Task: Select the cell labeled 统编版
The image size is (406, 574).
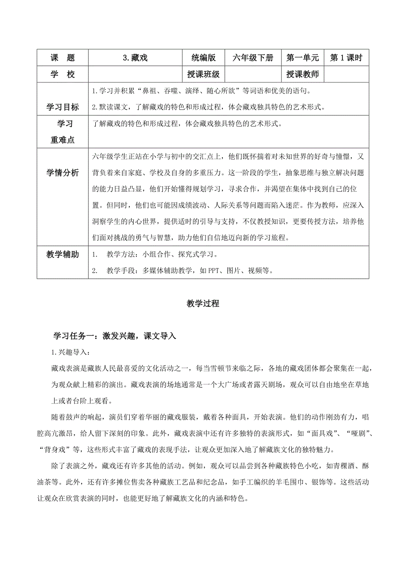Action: [x=203, y=58]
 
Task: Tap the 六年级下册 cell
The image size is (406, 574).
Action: [x=253, y=58]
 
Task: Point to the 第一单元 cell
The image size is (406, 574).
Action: [x=302, y=58]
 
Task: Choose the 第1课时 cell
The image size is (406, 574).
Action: [x=346, y=58]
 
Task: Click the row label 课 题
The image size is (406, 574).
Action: [x=63, y=58]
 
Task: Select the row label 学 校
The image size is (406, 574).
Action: [x=63, y=75]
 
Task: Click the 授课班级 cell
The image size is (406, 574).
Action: [x=203, y=75]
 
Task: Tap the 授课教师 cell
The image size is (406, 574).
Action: [x=302, y=75]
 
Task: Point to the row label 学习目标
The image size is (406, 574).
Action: [x=63, y=107]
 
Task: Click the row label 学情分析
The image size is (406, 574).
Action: [x=63, y=172]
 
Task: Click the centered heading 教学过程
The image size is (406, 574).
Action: [x=203, y=304]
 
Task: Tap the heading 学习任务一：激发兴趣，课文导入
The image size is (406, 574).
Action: [x=115, y=336]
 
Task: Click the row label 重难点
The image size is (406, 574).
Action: [x=63, y=140]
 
